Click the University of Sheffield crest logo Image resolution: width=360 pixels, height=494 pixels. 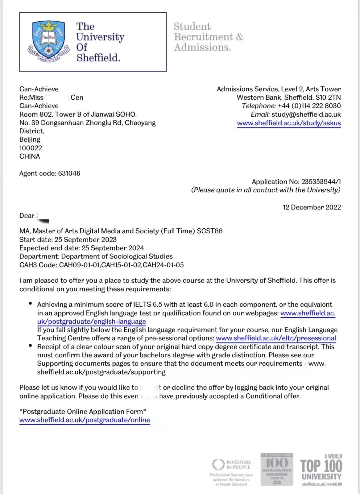(49, 42)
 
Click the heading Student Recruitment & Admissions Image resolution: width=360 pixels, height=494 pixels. (208, 37)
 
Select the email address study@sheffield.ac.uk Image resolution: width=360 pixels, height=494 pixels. (306, 114)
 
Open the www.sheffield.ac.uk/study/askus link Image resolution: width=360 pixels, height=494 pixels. (289, 123)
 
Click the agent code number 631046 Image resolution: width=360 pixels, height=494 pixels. (69, 173)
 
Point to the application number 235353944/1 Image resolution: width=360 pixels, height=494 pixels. (321, 182)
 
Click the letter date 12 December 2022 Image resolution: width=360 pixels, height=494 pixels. (312, 207)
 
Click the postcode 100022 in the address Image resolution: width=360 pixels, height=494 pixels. (31, 148)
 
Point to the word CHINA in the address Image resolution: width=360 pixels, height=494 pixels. (30, 156)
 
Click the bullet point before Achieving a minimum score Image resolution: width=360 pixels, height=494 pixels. (30, 304)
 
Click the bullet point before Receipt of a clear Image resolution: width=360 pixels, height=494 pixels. (30, 346)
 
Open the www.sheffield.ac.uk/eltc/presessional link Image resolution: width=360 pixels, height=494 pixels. (276, 338)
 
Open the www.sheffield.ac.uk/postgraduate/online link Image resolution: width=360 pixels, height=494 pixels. (85, 420)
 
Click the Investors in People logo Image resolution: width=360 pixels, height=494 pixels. (232, 464)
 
